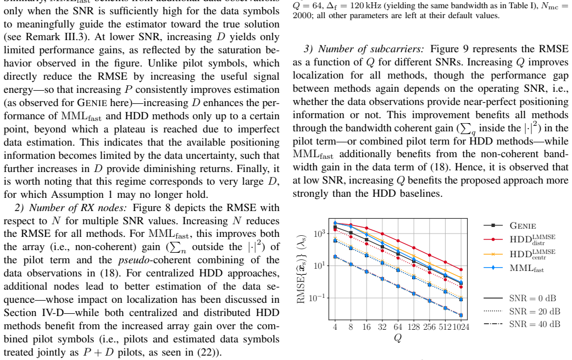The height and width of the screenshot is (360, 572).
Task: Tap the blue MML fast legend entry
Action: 513,268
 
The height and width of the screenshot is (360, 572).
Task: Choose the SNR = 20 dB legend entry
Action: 521,312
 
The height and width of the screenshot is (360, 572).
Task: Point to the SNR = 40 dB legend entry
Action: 521,324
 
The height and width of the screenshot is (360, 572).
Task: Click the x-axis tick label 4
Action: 335,327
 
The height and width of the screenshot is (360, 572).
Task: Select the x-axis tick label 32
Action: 382,327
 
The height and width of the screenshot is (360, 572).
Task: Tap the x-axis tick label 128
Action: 414,327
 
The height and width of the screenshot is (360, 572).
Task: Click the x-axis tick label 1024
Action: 461,327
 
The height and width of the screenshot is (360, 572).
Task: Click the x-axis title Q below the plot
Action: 398,338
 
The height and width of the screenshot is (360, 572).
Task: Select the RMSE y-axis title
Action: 301,269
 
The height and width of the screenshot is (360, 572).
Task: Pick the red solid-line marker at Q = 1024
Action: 461,269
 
